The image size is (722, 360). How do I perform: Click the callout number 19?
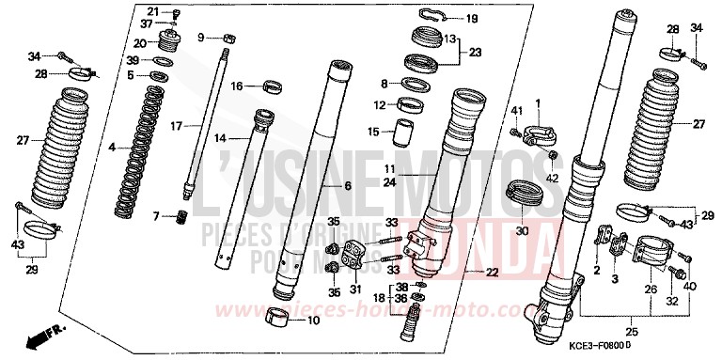point(471,19)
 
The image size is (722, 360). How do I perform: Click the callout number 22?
point(492,273)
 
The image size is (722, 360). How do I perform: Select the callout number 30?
point(523,230)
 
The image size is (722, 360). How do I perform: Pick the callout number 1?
point(539,102)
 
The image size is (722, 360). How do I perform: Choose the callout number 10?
point(314,321)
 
